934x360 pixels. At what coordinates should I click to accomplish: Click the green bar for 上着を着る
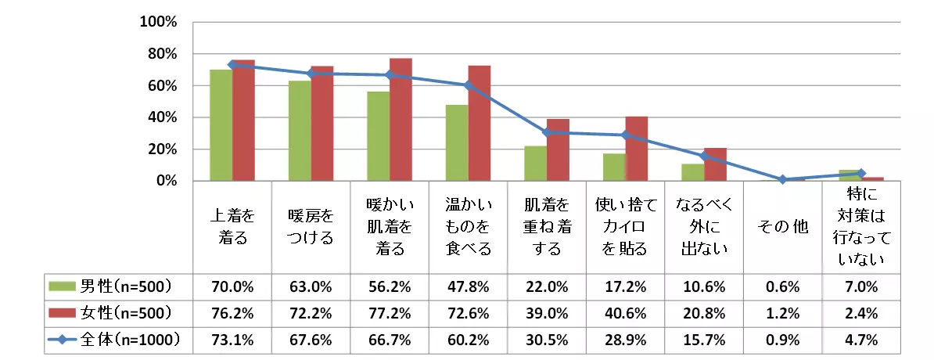coord(221,125)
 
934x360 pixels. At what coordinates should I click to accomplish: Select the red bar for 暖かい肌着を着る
coord(401,120)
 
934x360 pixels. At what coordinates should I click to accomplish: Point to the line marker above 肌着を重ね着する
coord(547,132)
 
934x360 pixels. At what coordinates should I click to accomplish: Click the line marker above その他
coord(782,179)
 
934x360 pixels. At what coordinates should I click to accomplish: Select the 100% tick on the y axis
coord(160,22)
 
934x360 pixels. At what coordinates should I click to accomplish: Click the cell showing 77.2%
coord(389,312)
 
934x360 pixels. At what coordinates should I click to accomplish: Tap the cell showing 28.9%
coord(625,340)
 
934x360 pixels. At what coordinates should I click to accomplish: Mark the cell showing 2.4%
coord(861,312)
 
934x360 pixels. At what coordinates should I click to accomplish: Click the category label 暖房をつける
coord(311,227)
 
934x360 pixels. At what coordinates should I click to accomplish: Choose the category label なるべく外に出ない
coord(704,227)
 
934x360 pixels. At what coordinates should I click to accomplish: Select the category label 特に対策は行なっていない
coord(861,227)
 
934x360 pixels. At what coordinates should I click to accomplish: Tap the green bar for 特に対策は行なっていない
coord(850,175)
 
